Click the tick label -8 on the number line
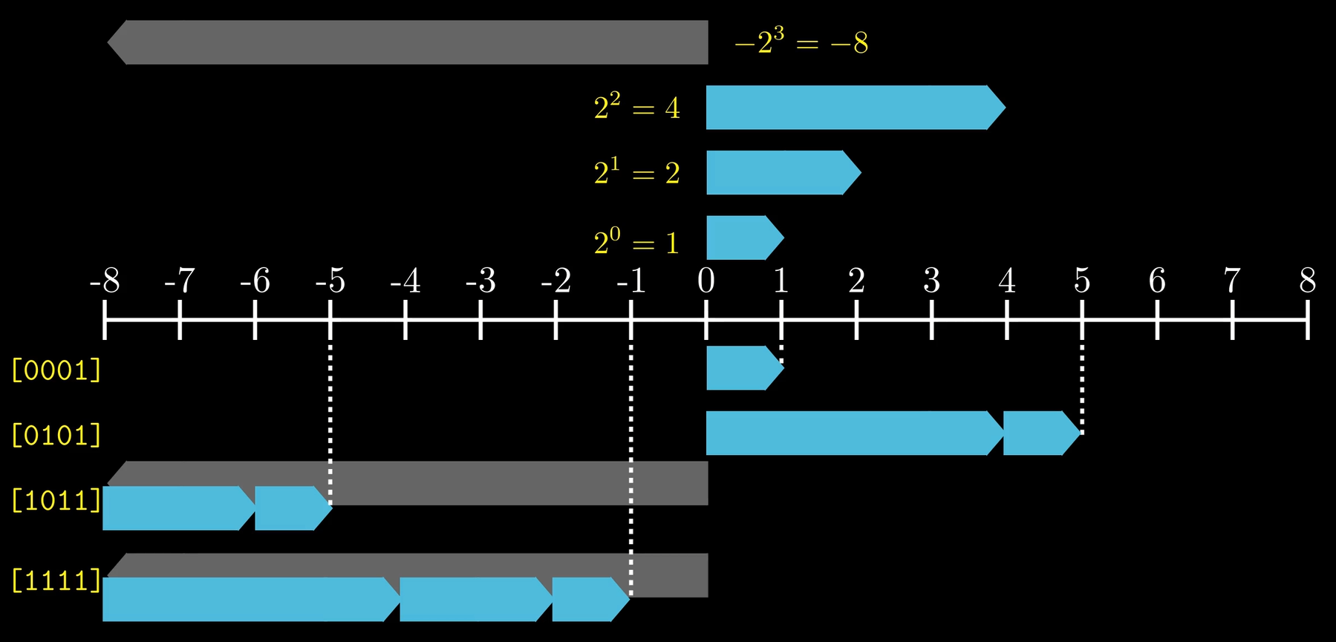tap(105, 281)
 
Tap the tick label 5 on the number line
tap(1081, 281)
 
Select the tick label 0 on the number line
tap(706, 281)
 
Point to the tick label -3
tap(480, 281)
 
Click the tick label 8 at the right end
tap(1307, 281)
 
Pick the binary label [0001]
tap(56, 370)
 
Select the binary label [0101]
tap(56, 435)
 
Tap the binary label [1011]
tap(56, 500)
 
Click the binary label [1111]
tap(56, 580)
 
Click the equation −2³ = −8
tap(801, 42)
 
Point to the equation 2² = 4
tap(636, 108)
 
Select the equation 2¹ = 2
tap(636, 174)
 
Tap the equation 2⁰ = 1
tap(636, 243)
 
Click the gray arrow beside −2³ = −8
tap(408, 42)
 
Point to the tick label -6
tap(255, 281)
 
